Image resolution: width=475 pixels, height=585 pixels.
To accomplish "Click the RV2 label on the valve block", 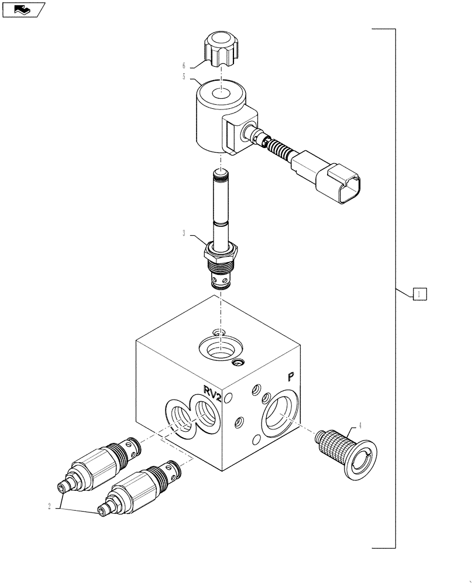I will click(x=212, y=391).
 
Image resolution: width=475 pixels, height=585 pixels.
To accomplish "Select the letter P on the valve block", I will click(x=290, y=378).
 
